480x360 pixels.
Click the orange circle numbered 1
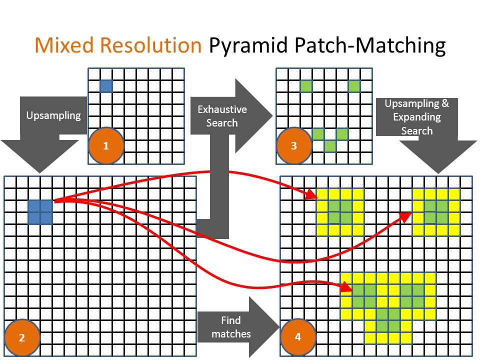point(106,145)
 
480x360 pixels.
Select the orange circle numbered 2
point(22,337)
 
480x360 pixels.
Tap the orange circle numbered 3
point(294,145)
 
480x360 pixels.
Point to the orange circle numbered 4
point(298,337)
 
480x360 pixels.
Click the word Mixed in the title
point(64,45)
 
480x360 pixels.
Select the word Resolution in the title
point(151,45)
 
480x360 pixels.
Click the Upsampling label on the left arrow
point(53,115)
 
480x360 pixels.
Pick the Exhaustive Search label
point(222,116)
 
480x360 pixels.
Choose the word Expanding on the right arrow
point(417,117)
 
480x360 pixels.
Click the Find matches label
point(231,327)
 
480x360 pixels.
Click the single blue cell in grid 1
point(106,86)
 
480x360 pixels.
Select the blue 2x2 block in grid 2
point(40,212)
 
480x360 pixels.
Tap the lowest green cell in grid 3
point(330,146)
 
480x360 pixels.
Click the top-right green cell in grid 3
point(354,85)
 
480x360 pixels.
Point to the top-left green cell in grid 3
point(306,85)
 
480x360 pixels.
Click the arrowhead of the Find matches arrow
point(264,327)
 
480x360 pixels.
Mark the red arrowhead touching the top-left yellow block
point(311,194)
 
